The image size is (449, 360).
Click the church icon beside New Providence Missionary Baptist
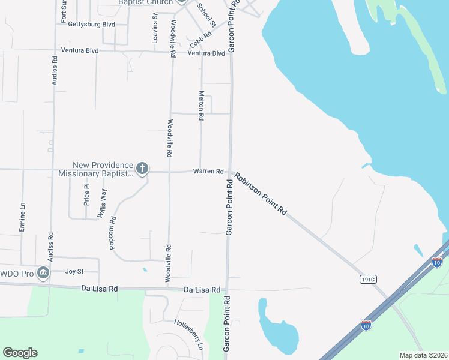(142, 168)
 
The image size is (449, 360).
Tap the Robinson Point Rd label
(261, 194)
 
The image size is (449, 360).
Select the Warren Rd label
(208, 172)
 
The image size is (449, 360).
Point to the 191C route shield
(368, 279)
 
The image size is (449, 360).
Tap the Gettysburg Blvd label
(92, 25)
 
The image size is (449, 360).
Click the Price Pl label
(86, 194)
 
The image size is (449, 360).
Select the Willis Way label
(103, 202)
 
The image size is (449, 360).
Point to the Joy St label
(74, 271)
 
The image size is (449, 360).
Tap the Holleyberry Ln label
(189, 334)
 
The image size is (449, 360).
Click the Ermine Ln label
(22, 217)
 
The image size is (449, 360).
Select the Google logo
(20, 353)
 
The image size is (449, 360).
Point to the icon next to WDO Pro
(43, 273)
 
